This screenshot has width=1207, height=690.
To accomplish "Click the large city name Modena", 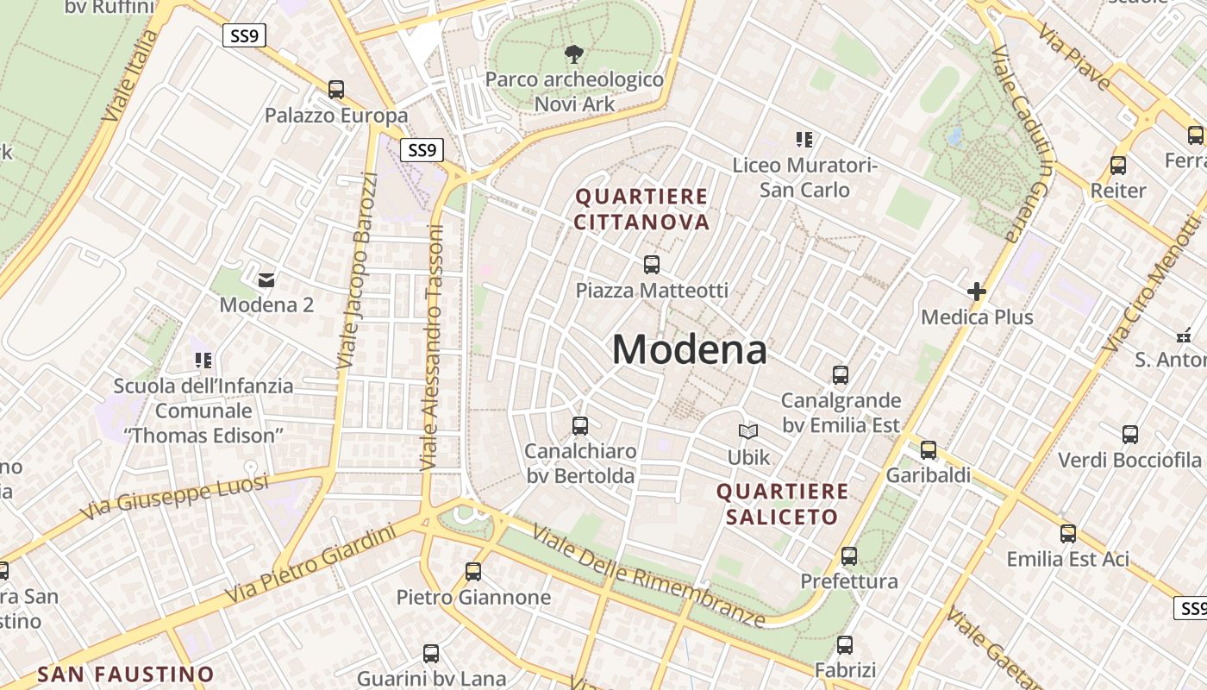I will coord(689,350).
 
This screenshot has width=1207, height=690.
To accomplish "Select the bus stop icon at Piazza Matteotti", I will coord(652,265).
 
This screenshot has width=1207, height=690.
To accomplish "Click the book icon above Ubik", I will coord(748,431).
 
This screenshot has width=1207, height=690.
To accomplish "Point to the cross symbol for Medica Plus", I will coord(976,292).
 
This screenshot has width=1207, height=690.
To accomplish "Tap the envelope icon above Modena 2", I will coord(266,279).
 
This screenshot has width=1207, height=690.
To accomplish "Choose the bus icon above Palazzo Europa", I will coord(336,89).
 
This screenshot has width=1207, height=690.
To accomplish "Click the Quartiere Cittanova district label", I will coord(641,210).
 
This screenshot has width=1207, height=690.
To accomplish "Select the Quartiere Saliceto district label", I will coord(782,505).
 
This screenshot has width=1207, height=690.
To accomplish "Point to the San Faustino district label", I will coord(126,674).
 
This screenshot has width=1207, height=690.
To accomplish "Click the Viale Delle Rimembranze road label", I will coord(648,576).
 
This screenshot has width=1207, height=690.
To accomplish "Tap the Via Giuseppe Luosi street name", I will coord(175,498).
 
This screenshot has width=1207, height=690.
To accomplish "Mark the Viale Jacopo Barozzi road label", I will coord(357,272).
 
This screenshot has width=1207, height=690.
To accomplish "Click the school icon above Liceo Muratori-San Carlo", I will coord(804,139).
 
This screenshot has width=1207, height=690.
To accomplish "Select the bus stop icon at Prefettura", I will coord(849,556).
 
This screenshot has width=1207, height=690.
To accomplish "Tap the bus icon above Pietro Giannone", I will coord(473,571).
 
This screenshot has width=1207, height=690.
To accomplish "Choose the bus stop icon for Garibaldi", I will coord(929,449).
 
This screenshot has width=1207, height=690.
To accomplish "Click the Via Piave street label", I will coord(1074,58).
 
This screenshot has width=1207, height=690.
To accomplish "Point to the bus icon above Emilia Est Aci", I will coord(1068,534).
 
